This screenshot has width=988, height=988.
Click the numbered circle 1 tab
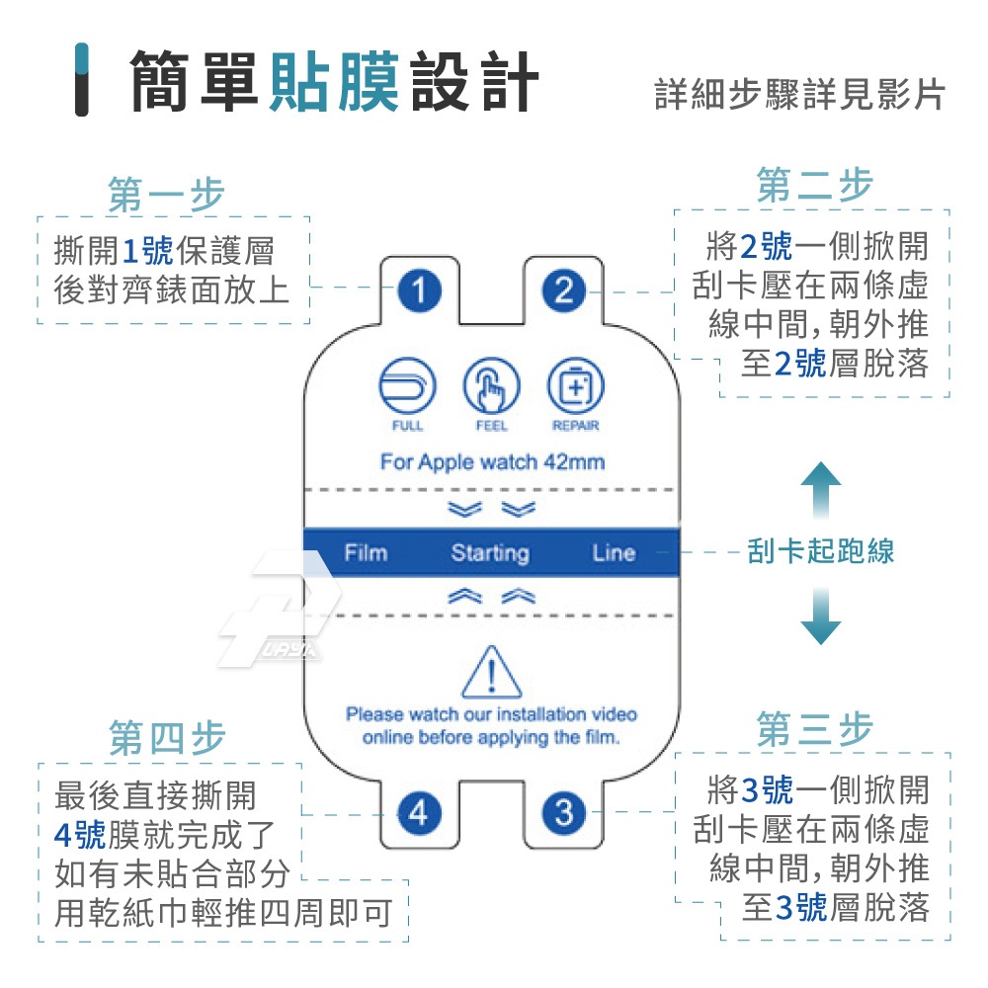420,291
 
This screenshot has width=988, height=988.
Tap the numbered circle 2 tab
563,291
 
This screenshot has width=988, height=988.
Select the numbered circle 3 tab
563,813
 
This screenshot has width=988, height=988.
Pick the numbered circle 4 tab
419,813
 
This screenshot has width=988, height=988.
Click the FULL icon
407,386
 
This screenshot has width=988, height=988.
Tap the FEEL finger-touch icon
491,386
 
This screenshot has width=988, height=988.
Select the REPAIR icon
575,386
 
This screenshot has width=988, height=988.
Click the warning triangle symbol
491,674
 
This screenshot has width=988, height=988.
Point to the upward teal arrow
820,491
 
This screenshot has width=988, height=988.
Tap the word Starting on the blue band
490,553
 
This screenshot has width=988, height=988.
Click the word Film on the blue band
366,552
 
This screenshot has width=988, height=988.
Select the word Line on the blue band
614,552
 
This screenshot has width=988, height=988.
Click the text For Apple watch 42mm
492,461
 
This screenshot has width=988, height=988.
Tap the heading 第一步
167,195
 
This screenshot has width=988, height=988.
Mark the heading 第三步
815,730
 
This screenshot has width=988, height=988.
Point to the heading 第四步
167,738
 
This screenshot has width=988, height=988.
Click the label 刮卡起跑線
821,551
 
